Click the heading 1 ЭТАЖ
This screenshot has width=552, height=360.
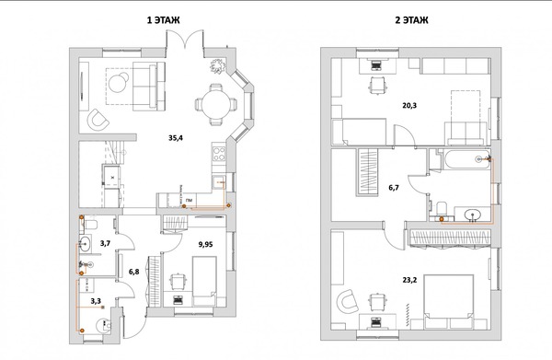164,20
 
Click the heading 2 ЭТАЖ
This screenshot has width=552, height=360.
411,20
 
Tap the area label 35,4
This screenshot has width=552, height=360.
176,138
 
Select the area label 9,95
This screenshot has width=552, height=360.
205,244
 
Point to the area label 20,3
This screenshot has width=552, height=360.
409,105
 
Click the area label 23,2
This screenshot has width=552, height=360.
409,280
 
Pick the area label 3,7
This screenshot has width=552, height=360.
105,243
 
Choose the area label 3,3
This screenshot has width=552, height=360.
96,301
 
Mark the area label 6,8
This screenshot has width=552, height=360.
133,272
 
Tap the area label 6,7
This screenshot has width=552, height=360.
394,188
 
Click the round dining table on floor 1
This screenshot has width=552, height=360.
216,104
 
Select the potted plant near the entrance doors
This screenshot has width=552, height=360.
217,66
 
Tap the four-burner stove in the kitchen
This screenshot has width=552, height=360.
219,154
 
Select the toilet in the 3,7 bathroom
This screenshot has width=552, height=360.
90,224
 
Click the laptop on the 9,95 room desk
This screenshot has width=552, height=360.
178,300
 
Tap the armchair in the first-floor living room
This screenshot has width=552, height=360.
98,120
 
